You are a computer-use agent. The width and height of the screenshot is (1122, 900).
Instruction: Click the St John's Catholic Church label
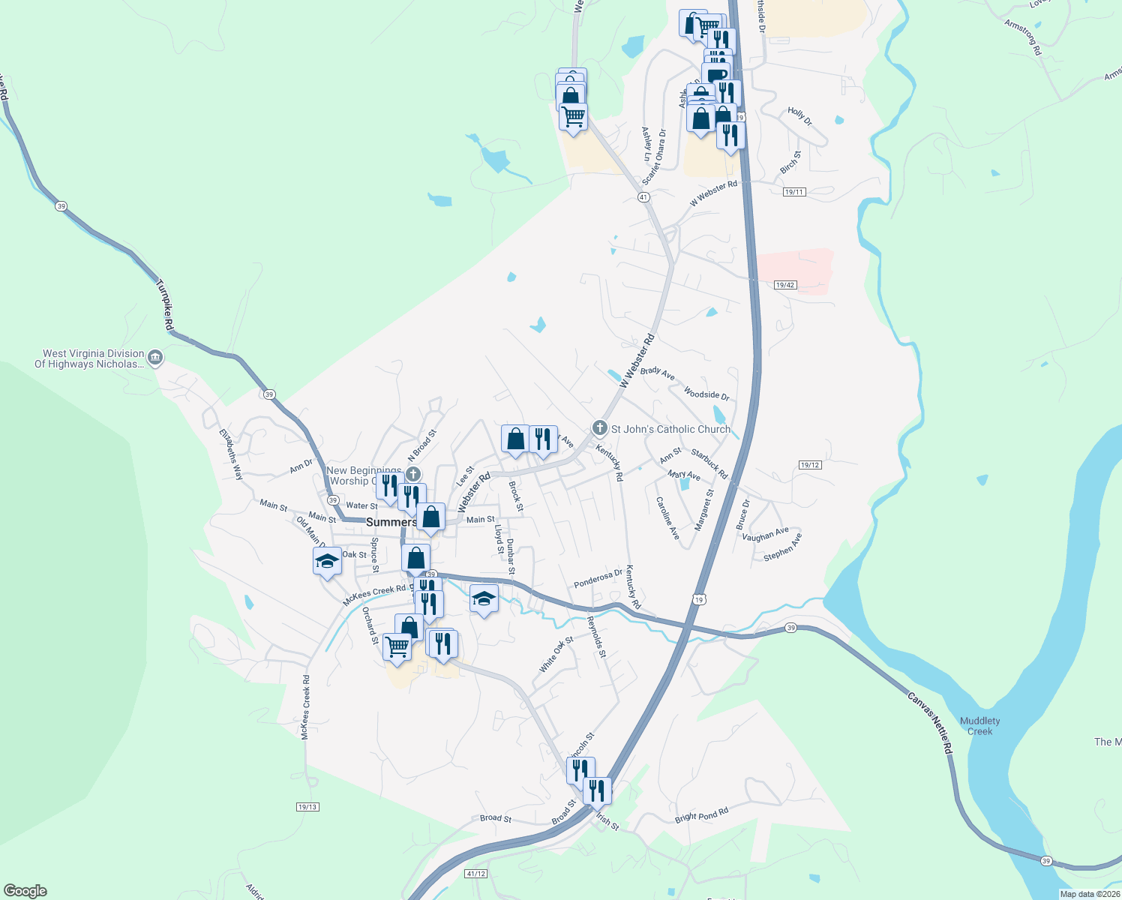click(x=670, y=429)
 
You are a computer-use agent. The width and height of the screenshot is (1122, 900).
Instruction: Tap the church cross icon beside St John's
click(x=599, y=428)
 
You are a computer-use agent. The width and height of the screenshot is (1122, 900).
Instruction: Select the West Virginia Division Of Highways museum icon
click(x=155, y=358)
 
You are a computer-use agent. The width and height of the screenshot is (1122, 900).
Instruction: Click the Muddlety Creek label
click(x=979, y=726)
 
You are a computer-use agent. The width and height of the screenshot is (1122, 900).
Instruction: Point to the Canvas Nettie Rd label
click(x=929, y=723)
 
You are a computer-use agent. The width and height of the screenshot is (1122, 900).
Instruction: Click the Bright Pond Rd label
click(x=701, y=815)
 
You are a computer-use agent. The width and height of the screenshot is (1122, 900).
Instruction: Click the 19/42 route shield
click(x=784, y=285)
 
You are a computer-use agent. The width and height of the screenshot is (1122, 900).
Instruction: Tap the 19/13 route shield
click(x=307, y=807)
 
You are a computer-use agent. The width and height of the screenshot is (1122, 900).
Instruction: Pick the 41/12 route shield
click(x=475, y=874)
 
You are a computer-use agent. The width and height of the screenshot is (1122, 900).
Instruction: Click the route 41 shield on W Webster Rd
click(x=643, y=196)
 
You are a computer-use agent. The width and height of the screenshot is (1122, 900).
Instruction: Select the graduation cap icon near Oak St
click(x=327, y=561)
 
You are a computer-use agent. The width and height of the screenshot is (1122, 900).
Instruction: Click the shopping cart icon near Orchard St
click(x=397, y=646)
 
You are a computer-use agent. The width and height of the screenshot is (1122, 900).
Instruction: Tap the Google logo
click(x=25, y=891)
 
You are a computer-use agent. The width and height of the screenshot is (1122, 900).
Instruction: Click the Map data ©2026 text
click(x=1089, y=894)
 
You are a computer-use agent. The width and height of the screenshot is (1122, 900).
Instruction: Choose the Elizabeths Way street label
click(x=231, y=454)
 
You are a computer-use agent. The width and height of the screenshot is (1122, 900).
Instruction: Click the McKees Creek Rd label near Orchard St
click(x=373, y=595)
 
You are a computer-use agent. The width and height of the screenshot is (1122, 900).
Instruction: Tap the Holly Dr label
click(x=799, y=116)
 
